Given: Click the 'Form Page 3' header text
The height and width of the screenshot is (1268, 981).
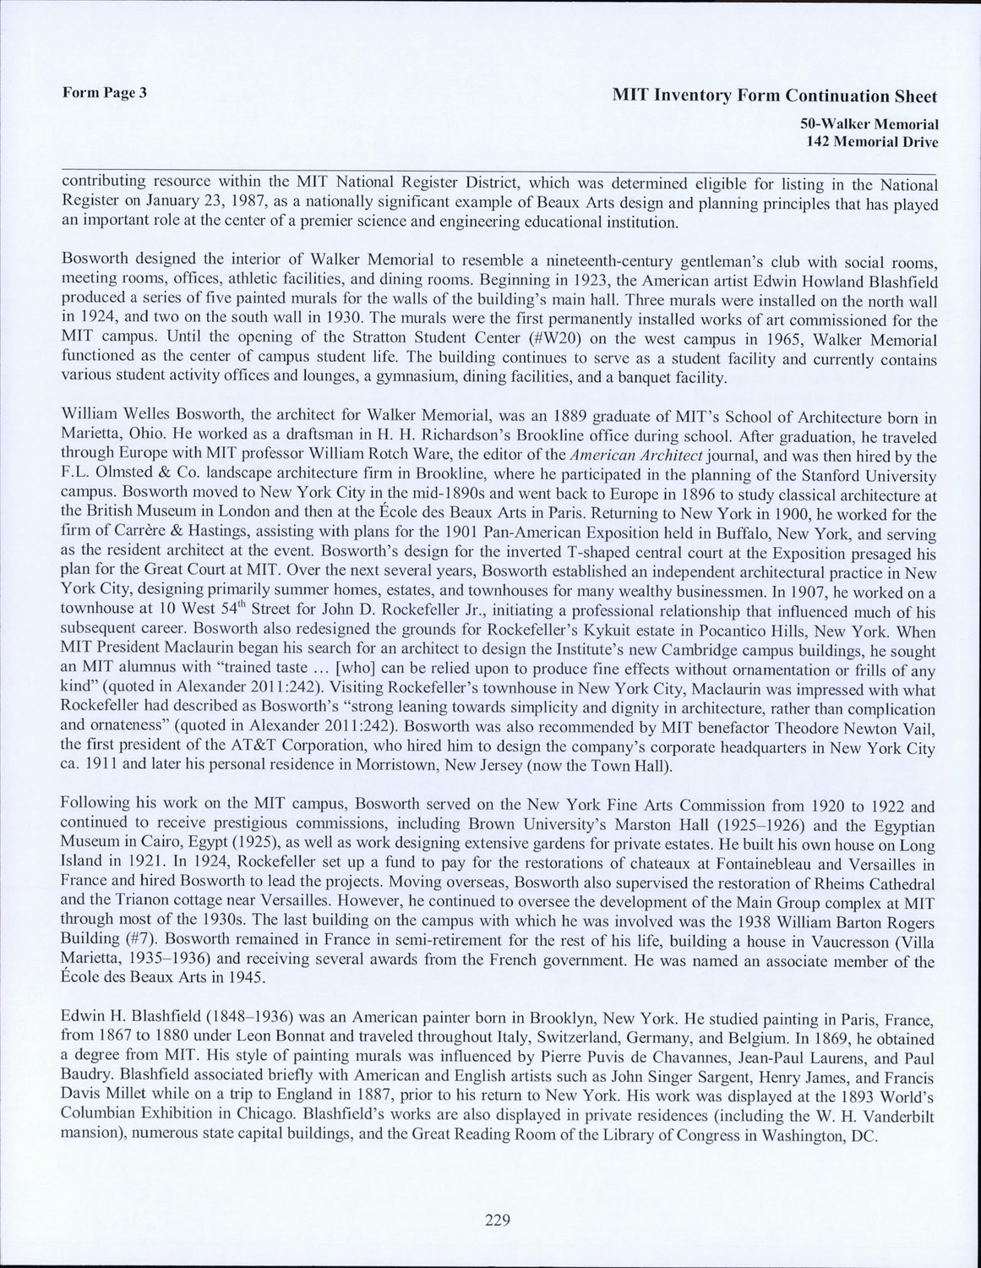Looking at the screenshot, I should (105, 93).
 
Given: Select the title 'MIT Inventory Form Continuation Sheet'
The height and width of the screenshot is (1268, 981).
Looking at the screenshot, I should (775, 96).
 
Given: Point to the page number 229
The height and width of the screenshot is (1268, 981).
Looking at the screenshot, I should (497, 1219).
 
